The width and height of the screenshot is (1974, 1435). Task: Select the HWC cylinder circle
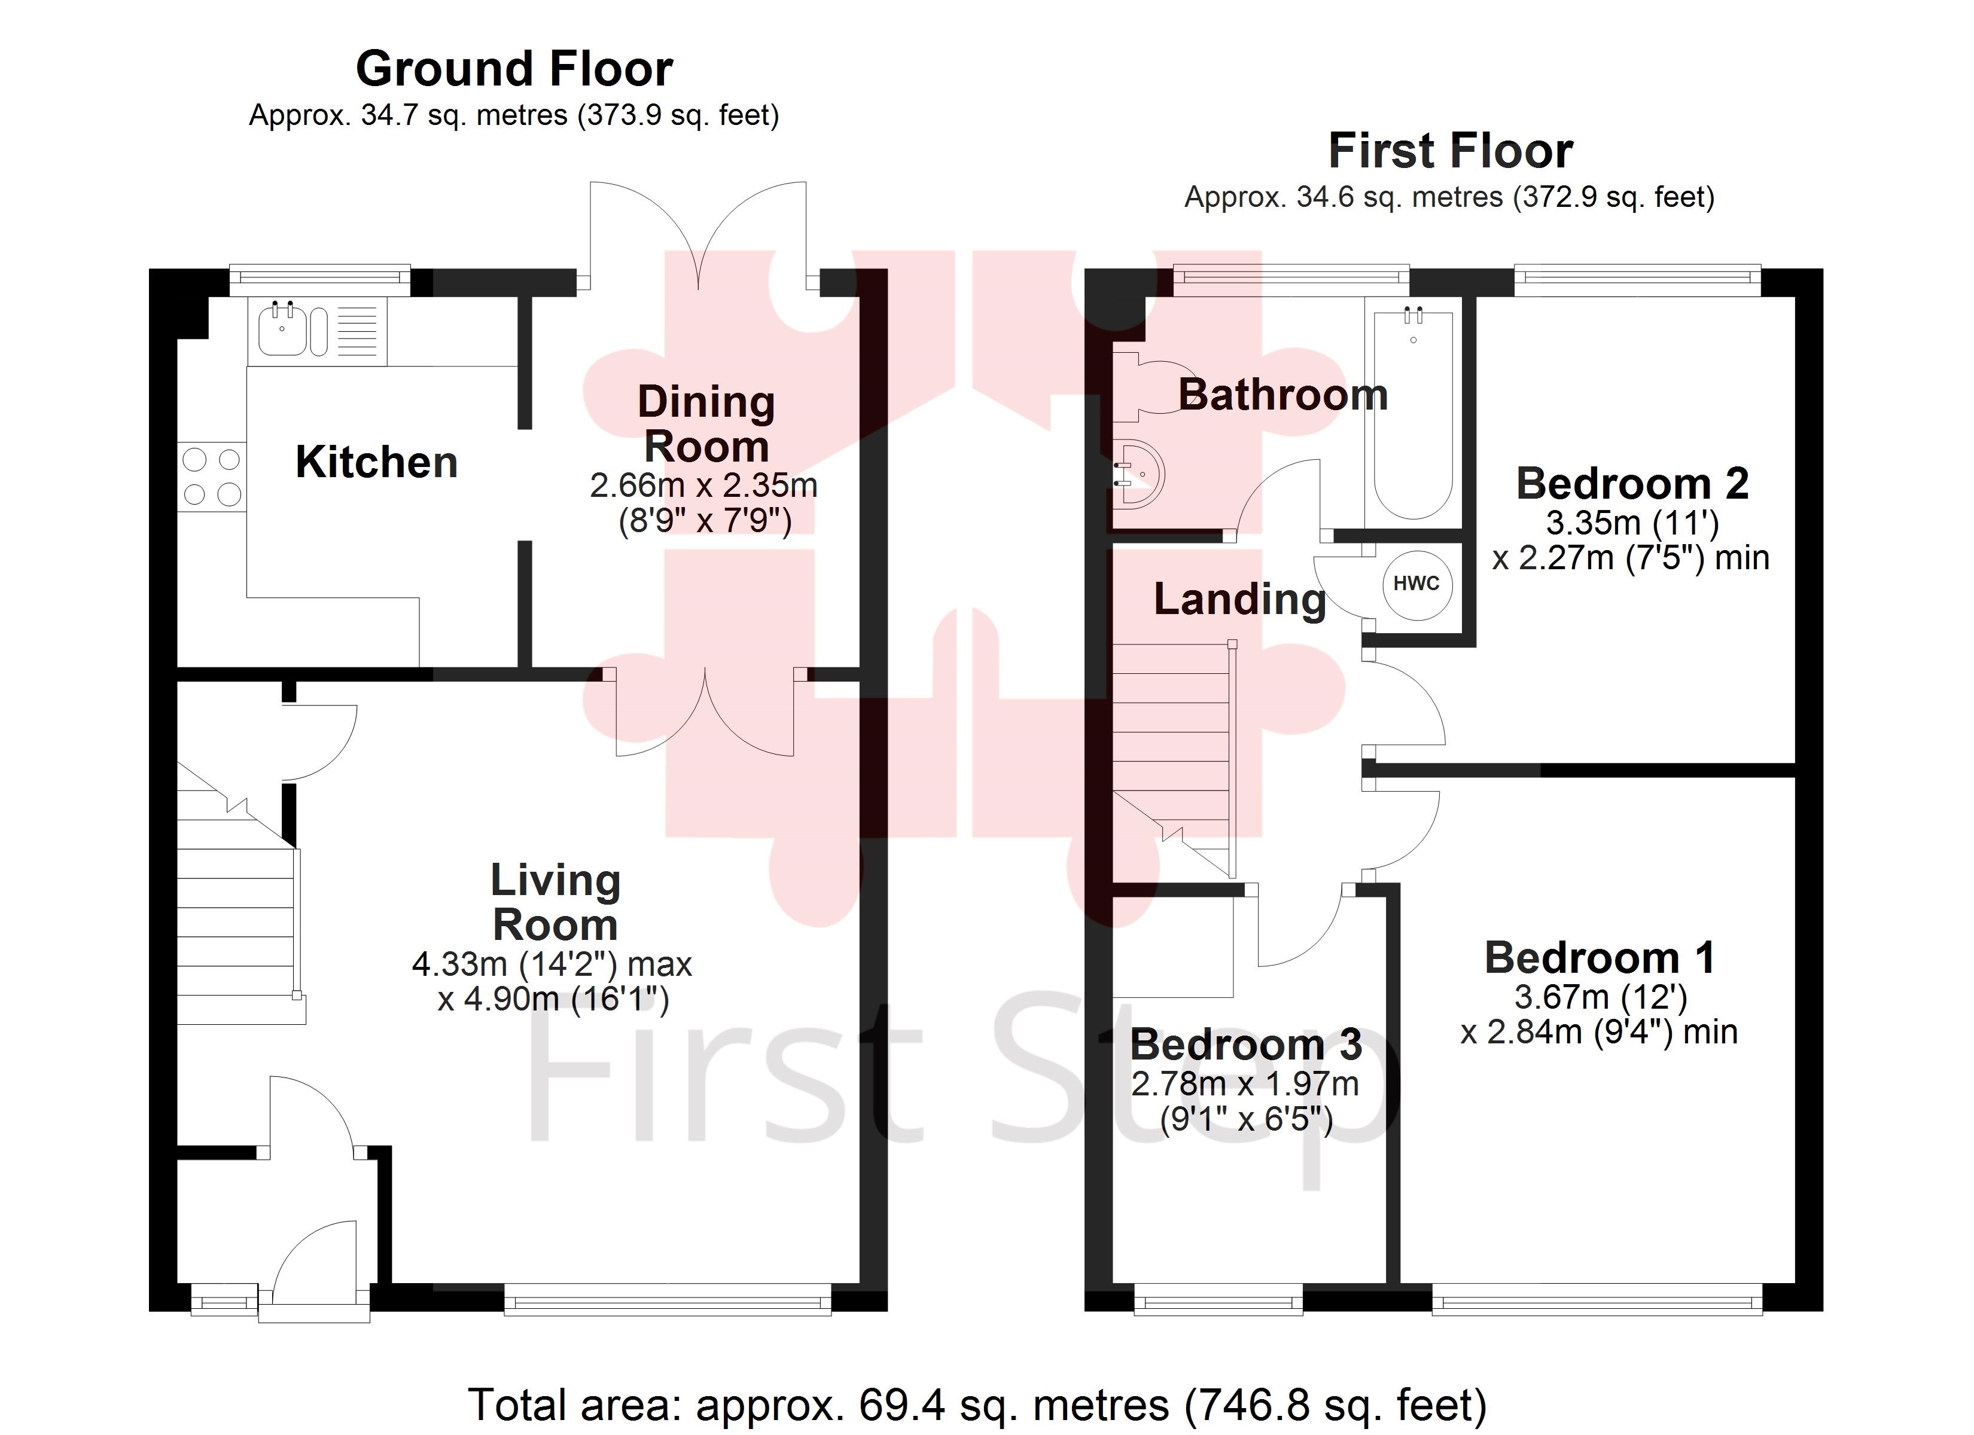[x=1417, y=584]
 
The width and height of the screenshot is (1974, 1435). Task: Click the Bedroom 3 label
[x=1245, y=1045]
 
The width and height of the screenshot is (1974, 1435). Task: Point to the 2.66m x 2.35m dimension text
[x=703, y=486]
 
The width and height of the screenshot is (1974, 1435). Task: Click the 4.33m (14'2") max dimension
[x=552, y=964]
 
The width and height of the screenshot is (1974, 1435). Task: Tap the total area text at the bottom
[x=977, y=1404]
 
